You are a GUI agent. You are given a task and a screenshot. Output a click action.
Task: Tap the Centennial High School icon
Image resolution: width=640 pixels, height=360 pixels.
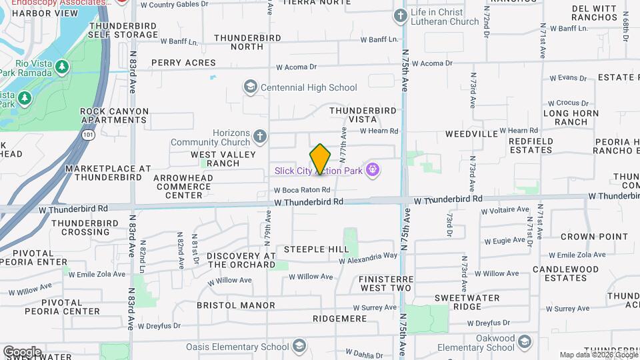[251, 87]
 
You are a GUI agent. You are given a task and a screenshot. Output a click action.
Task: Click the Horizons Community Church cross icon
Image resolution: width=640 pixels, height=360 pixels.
[260, 137]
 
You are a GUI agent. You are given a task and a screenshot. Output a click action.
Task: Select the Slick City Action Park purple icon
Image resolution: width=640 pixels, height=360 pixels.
[373, 170]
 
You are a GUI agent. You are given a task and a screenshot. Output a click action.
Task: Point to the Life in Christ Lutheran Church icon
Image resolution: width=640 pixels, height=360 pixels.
[400, 15]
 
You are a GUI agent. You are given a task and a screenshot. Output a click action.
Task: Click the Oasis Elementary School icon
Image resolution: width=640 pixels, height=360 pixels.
[299, 346]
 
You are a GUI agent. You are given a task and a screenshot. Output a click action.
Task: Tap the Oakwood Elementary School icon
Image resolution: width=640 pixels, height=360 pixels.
[525, 342]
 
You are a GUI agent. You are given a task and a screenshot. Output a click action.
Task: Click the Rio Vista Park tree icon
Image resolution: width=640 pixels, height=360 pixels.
[61, 67]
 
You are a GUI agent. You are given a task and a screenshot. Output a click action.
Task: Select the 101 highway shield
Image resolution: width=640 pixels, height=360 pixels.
[89, 134]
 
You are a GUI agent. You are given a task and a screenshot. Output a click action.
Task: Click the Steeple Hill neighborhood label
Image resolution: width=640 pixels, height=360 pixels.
[316, 249]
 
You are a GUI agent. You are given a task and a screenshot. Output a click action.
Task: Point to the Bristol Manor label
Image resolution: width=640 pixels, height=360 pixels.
[236, 305]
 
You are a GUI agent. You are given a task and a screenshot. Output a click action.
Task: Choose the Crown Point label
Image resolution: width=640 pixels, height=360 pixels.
[594, 237]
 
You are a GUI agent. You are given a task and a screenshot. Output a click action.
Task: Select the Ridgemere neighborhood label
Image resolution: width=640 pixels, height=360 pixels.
[339, 319]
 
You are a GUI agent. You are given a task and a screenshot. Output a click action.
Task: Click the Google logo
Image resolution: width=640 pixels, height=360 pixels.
[21, 352]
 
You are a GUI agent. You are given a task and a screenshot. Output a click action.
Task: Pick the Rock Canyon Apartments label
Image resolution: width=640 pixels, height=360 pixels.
[113, 116]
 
